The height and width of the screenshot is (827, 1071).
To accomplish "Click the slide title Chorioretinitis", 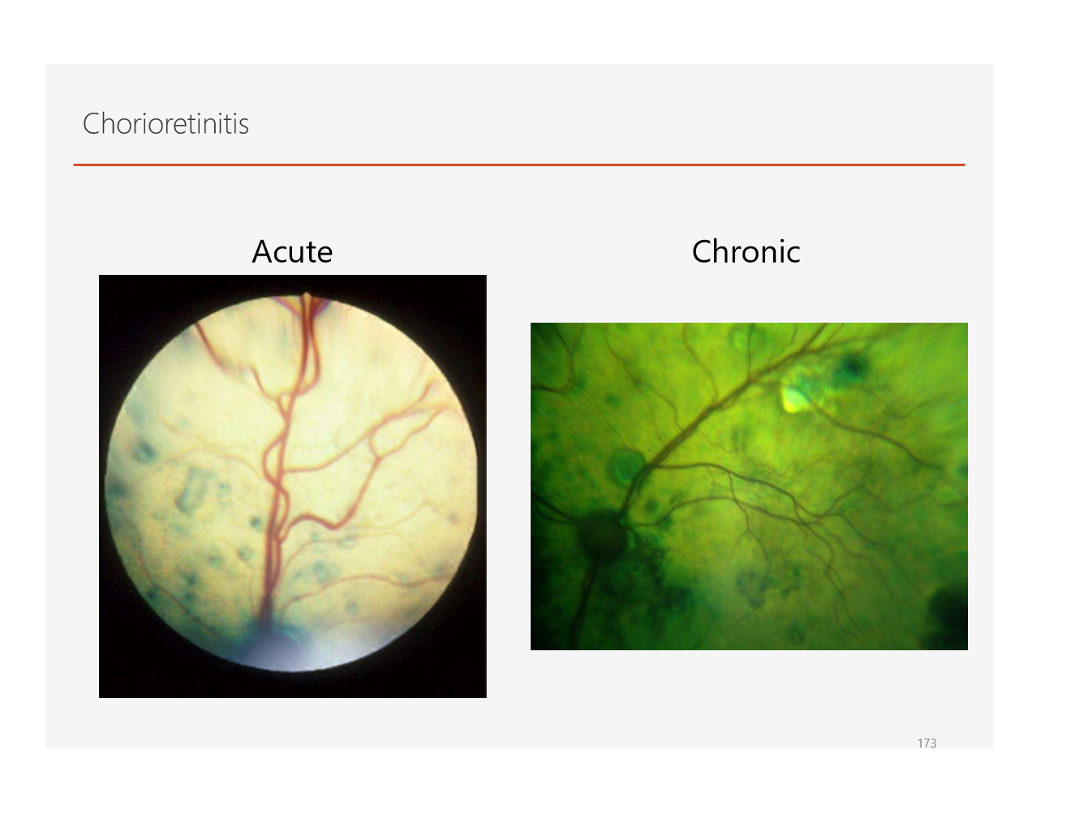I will pyautogui.click(x=166, y=124).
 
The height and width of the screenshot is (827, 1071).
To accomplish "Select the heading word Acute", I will pyautogui.click(x=292, y=252).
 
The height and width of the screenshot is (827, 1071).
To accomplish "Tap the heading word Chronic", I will pyautogui.click(x=746, y=252).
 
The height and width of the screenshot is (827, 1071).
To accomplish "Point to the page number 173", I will pyautogui.click(x=927, y=743).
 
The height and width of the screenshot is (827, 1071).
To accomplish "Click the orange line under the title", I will pyautogui.click(x=519, y=165).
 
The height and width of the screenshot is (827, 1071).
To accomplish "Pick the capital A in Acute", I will pyautogui.click(x=262, y=252).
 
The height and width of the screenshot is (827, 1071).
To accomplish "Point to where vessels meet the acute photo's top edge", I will pyautogui.click(x=307, y=298).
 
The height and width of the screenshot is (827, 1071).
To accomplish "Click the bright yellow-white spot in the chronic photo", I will pyautogui.click(x=794, y=397).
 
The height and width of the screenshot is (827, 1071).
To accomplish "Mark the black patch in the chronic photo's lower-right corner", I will pyautogui.click(x=949, y=620).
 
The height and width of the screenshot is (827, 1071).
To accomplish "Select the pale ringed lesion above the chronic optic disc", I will pyautogui.click(x=626, y=468).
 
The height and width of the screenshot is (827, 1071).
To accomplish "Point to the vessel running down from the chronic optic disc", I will pyautogui.click(x=583, y=600).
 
